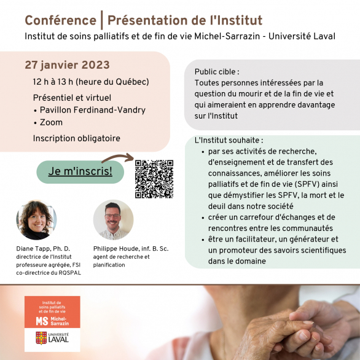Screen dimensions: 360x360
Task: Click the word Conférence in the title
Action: [x=61, y=20]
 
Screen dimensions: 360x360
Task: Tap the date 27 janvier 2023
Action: [x=68, y=65]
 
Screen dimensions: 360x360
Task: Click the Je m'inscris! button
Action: [x=80, y=172]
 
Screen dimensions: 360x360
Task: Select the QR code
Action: [x=154, y=179]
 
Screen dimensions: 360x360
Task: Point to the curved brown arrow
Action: [x=117, y=157]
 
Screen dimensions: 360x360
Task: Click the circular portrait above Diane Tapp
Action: [x=36, y=220]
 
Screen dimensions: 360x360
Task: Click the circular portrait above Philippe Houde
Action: [x=113, y=220]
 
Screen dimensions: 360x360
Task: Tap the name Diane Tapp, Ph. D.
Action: [x=43, y=249]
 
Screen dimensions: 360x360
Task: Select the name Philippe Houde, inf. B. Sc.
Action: [x=131, y=249]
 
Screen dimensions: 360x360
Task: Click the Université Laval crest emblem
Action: [x=41, y=338]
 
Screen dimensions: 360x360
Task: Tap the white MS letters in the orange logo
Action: [x=42, y=321]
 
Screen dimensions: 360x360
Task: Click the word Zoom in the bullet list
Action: [x=51, y=122]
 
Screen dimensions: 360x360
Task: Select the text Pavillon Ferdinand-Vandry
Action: [x=93, y=110]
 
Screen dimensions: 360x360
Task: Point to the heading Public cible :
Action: [x=217, y=72]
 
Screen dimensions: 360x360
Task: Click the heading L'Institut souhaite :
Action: [x=229, y=140]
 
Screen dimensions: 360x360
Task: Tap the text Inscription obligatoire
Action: [x=76, y=138]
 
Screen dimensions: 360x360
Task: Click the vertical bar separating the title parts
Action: [x=102, y=20]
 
